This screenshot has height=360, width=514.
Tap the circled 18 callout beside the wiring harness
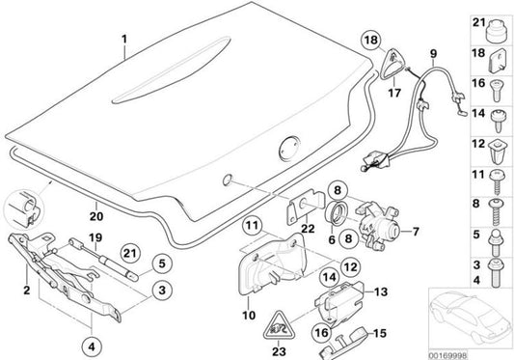[x=371, y=40]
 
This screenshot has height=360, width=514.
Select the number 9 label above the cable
[x=433, y=52]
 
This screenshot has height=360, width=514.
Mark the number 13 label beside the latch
[x=379, y=291]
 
